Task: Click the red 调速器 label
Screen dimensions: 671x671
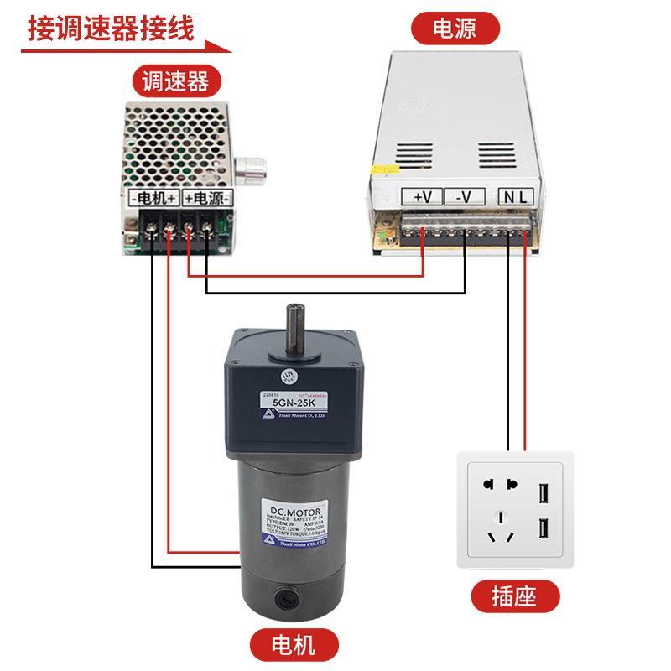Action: click(175, 81)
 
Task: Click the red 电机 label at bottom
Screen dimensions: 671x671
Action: click(294, 645)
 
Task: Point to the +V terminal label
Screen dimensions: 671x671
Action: click(422, 197)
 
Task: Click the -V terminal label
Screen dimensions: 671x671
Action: click(464, 197)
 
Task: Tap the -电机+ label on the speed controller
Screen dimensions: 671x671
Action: click(153, 198)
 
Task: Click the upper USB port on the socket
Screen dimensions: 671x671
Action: click(543, 492)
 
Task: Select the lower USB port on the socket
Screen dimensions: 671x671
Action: click(543, 529)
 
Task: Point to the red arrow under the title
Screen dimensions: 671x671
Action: click(126, 49)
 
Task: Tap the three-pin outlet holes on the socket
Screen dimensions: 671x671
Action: click(502, 528)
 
